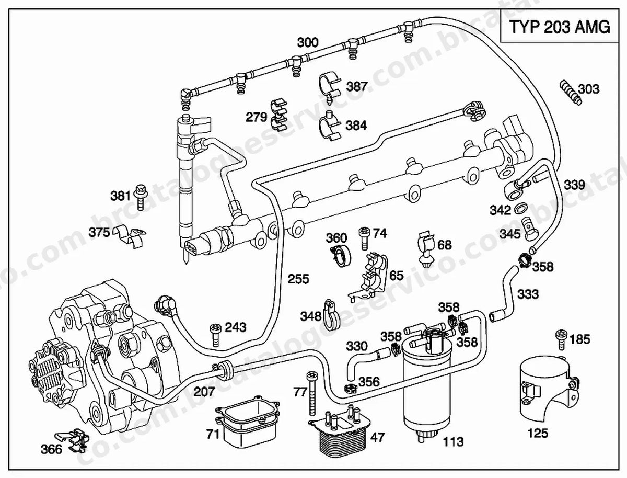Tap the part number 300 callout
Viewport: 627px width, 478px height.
tap(308, 42)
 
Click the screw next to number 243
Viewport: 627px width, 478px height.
tap(216, 335)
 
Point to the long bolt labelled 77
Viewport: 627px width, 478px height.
tap(312, 393)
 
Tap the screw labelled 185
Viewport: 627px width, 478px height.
tap(562, 340)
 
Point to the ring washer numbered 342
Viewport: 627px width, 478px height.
tap(521, 209)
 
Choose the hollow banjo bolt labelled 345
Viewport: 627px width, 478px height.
tap(529, 229)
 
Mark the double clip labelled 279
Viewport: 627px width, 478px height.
tap(279, 115)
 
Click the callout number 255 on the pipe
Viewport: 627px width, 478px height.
tap(298, 279)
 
